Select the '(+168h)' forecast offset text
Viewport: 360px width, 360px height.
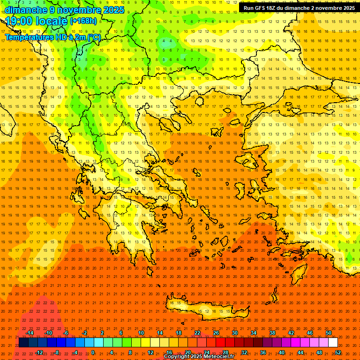(x=83, y=21)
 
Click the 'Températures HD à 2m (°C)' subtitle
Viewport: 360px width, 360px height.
(x=52, y=37)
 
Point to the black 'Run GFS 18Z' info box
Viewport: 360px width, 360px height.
(x=299, y=8)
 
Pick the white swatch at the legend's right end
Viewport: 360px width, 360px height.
(x=333, y=343)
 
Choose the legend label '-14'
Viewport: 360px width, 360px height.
(x=30, y=333)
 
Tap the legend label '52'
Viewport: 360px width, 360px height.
(x=338, y=352)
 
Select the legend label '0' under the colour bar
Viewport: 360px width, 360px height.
(x=93, y=352)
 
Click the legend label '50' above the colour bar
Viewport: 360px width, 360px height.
(x=329, y=333)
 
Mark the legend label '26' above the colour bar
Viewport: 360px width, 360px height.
(x=216, y=333)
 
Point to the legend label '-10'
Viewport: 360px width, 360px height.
(x=48, y=333)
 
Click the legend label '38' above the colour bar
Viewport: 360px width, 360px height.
(x=272, y=333)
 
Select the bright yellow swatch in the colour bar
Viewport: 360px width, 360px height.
(x=155, y=343)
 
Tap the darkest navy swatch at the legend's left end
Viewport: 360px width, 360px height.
(x=24, y=343)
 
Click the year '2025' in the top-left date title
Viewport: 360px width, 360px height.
(x=114, y=10)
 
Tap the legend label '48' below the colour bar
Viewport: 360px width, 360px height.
(x=319, y=352)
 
